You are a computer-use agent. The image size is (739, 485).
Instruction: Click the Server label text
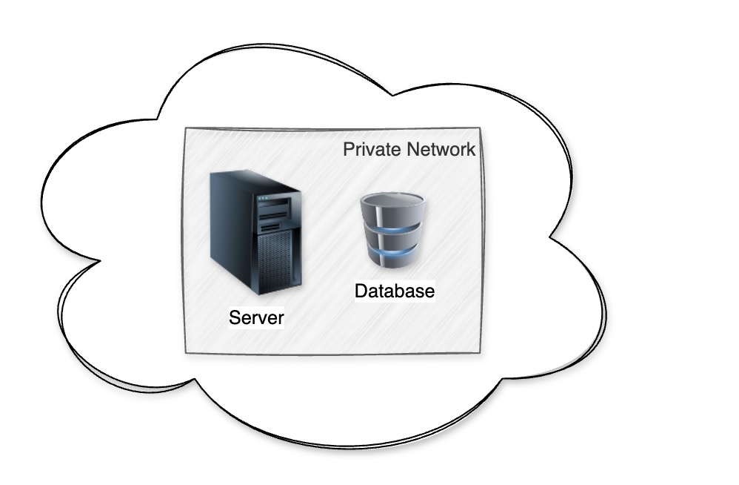[x=256, y=317]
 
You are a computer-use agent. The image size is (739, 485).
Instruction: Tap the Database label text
[x=395, y=291]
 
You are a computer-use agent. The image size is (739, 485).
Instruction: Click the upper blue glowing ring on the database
[x=392, y=230]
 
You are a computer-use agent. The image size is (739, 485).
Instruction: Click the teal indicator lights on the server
[x=263, y=198]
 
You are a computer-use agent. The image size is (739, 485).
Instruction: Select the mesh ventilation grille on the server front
[x=275, y=261]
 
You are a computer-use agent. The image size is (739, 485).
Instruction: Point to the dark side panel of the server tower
[x=233, y=226]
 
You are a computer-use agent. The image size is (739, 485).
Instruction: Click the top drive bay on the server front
[x=273, y=204]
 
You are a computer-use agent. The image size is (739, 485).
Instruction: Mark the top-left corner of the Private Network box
[x=186, y=128]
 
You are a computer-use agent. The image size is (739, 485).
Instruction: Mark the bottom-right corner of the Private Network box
[x=481, y=352]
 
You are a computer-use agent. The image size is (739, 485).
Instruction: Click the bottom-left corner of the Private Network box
[x=186, y=353]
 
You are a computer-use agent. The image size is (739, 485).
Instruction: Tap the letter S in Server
[x=235, y=317]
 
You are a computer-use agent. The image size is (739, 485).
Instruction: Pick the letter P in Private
[x=349, y=149]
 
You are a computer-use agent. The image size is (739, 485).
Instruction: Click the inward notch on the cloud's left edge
[x=99, y=260]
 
